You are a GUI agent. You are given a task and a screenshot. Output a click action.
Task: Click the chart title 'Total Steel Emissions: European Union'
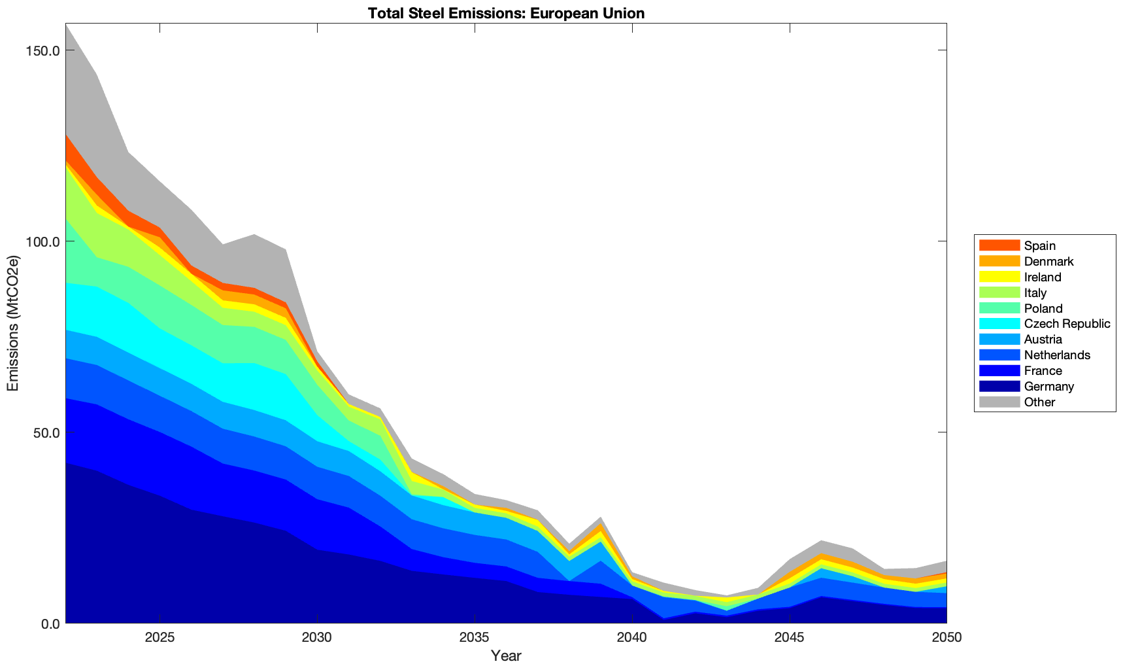click(x=506, y=13)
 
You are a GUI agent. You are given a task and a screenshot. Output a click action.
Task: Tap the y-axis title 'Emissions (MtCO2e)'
click(x=13, y=323)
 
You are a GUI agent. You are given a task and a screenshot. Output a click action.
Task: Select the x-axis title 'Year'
click(x=506, y=656)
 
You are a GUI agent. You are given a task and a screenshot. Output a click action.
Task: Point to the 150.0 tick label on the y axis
click(x=43, y=51)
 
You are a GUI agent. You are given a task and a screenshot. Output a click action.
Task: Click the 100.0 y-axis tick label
click(x=43, y=242)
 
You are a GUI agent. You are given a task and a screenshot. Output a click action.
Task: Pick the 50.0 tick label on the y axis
click(x=46, y=432)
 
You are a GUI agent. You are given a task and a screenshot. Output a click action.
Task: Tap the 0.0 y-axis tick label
click(x=50, y=624)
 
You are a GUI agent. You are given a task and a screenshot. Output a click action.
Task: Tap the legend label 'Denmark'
click(x=1048, y=261)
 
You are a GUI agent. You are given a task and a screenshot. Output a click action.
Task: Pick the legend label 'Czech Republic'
click(x=1067, y=324)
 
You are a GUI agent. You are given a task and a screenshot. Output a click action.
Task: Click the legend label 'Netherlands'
click(x=1057, y=355)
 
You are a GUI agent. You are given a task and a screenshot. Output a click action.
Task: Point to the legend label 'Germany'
click(x=1048, y=386)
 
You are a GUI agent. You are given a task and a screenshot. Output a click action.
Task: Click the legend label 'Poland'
click(x=1043, y=308)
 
